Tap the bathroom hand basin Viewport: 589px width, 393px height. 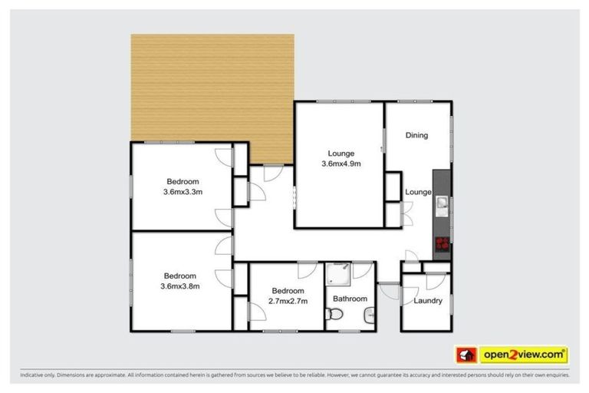[369, 313]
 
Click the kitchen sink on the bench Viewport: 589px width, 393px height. [442, 203]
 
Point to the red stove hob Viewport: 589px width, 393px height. [441, 245]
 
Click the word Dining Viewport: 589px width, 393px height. [416, 135]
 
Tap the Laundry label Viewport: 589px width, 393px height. [427, 300]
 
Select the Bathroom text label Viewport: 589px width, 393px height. [349, 299]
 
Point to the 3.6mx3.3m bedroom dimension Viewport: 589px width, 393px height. [183, 192]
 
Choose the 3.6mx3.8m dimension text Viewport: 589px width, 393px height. [179, 286]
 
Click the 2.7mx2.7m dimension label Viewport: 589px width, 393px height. [288, 302]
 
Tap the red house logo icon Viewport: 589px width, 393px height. [466, 355]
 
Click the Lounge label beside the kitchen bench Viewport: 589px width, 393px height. [418, 192]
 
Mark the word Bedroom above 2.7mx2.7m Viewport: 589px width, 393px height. [288, 291]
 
